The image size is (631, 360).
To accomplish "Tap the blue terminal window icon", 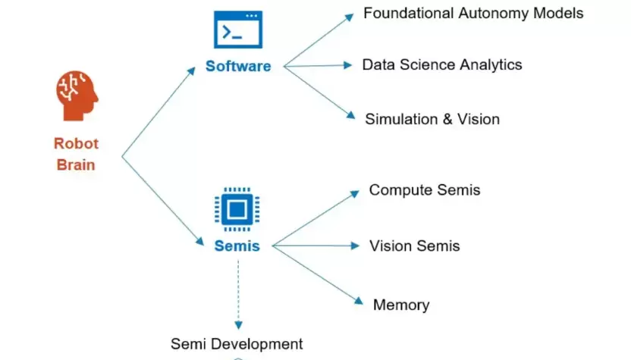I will tap(237, 31).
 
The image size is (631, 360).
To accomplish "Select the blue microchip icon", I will tap(237, 208).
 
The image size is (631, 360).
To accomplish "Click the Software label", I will tap(238, 66).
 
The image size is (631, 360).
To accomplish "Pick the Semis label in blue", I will tap(237, 246).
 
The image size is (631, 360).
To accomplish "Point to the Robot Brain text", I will tap(76, 153).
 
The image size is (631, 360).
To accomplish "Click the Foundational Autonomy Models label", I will tap(473, 13).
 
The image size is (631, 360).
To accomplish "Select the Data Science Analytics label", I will tap(442, 64).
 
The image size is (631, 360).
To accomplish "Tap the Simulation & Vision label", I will tap(432, 119).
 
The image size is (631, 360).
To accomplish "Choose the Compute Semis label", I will tap(425, 189).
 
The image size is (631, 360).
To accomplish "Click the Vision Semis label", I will tap(414, 246).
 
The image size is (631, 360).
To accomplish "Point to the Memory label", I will tap(401, 305).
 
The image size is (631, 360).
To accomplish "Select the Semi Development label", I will tap(237, 343).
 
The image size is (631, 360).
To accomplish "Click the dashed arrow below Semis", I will tap(237, 292).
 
